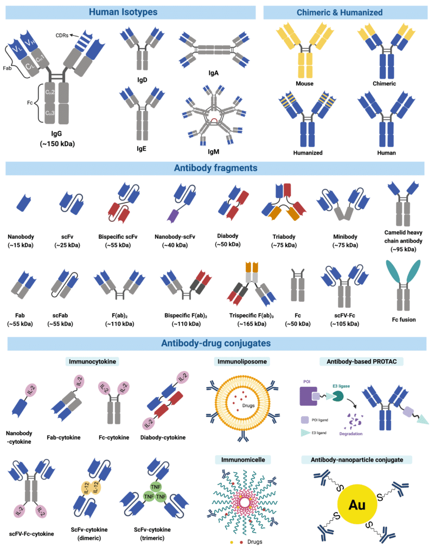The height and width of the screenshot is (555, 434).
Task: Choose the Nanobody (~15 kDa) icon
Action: [x=23, y=201]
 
